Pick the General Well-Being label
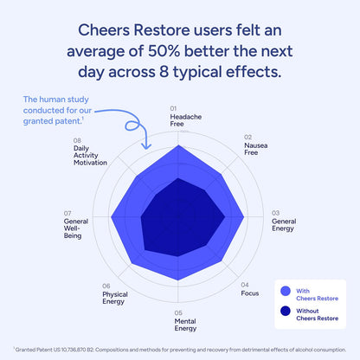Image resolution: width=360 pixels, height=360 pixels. (x=76, y=229)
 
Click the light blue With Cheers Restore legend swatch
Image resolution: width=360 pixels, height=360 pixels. (x=285, y=292)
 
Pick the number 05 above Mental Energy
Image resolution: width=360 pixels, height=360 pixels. (x=177, y=312)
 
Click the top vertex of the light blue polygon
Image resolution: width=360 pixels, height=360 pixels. (x=179, y=145)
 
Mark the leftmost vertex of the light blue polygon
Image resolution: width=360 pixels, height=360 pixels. (x=112, y=216)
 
